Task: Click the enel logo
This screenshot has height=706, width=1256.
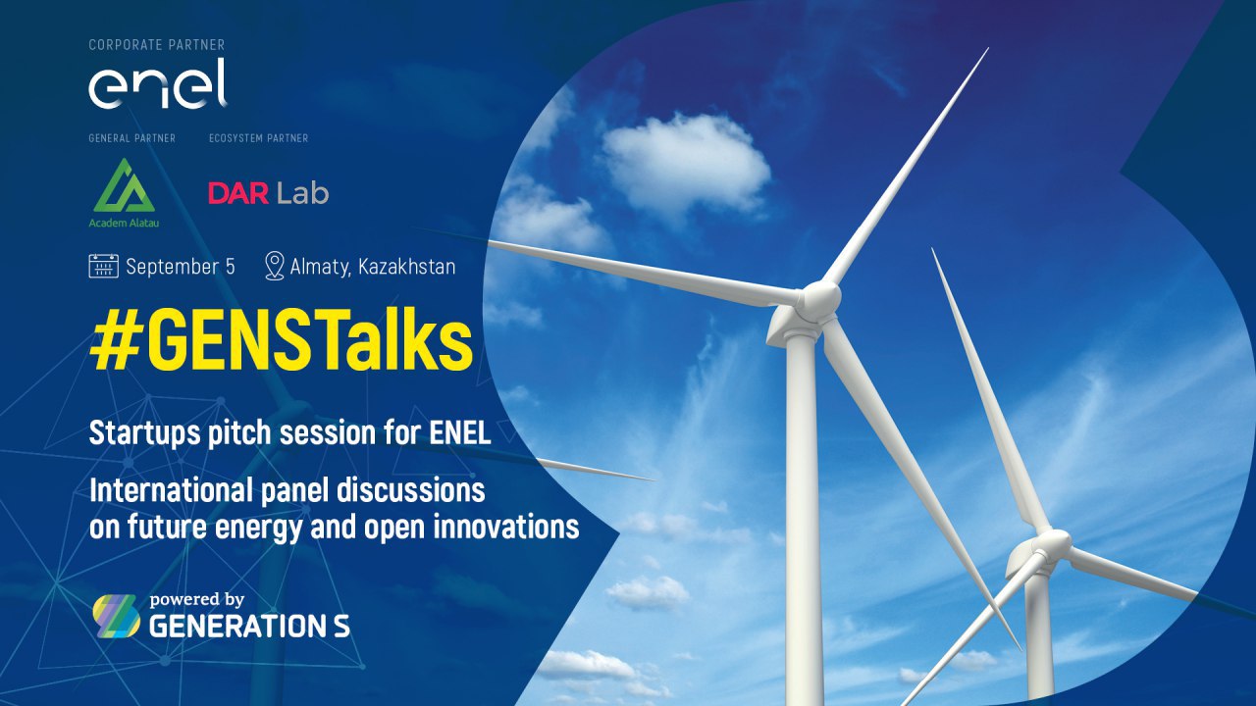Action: click(158, 83)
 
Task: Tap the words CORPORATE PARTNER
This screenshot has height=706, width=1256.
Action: click(156, 45)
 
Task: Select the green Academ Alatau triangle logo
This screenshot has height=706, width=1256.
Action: click(124, 185)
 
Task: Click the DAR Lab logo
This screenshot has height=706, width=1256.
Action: click(268, 193)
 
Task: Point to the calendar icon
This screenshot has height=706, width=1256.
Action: click(104, 266)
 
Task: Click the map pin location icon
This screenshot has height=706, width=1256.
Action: click(274, 266)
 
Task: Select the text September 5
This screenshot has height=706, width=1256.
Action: click(180, 266)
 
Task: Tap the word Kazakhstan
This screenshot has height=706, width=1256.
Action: click(406, 266)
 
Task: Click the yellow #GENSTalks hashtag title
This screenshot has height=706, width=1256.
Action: click(281, 339)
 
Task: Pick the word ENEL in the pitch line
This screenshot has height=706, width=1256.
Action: click(460, 432)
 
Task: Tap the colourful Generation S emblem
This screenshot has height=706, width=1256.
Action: click(116, 616)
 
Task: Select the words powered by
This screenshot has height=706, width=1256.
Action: click(197, 600)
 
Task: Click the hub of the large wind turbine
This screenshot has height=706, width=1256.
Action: click(819, 297)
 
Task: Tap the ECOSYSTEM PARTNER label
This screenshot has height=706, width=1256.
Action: click(258, 138)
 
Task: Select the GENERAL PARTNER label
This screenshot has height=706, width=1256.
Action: click(131, 138)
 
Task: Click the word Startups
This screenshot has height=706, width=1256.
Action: click(144, 433)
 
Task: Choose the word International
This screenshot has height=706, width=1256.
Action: click(171, 490)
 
